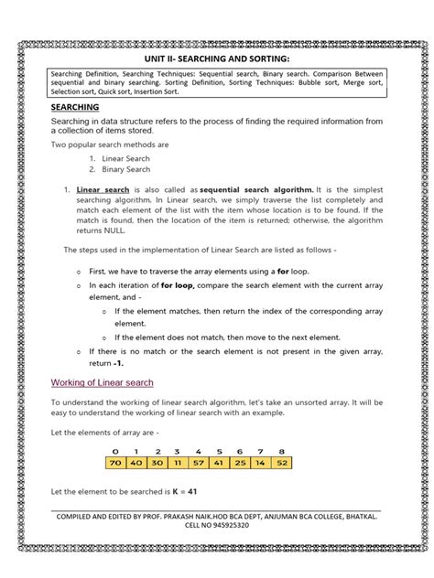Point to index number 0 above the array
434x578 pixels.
click(x=115, y=451)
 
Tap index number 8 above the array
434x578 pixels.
click(x=281, y=451)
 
